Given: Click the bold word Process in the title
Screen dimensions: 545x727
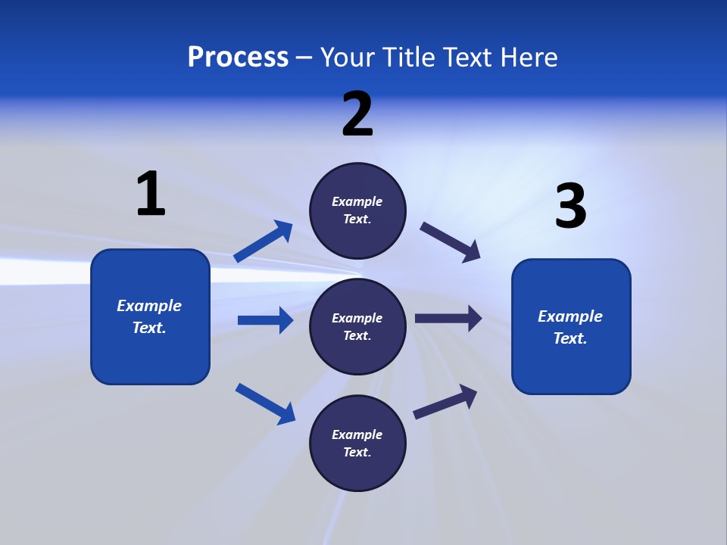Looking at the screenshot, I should coord(238,58).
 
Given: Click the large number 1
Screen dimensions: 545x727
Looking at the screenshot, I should coord(151,194).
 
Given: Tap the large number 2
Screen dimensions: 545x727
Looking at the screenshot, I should coord(357,114).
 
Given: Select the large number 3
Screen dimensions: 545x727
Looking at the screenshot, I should coord(571,207).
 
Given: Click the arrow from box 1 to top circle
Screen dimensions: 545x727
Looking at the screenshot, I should coord(263,241).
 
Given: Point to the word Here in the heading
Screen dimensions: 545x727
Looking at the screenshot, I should coord(530,58).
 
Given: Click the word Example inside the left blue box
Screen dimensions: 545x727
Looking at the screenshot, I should coord(149,306).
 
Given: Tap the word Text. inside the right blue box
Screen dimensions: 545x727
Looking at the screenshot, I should coord(570,338).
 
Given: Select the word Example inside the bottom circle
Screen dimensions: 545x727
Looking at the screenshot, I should coord(357,434).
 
